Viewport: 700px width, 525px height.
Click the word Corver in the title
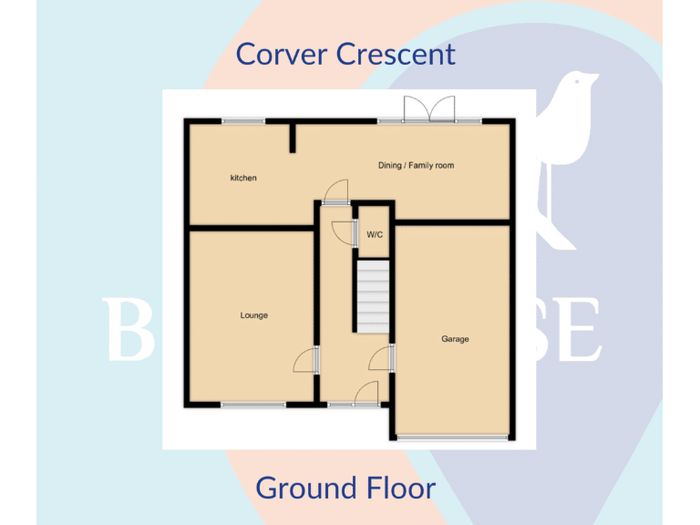coord(282,54)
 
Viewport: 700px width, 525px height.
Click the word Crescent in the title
coord(395,54)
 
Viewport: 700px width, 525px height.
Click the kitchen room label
coord(243,178)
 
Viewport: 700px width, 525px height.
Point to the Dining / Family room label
coord(416,166)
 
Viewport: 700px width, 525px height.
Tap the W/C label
coord(375,234)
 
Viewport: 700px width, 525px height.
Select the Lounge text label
coord(254,315)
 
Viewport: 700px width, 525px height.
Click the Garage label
coord(455,339)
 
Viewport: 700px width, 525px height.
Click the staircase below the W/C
coord(372,297)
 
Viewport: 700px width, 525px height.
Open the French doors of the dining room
coord(428,109)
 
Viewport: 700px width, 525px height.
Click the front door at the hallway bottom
coord(365,394)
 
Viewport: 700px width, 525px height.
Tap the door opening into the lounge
coord(305,360)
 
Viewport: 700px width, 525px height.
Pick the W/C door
coord(345,233)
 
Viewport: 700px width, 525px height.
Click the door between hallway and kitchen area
coord(335,190)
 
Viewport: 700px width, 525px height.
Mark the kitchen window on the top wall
coord(243,121)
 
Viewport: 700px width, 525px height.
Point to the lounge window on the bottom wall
coord(252,404)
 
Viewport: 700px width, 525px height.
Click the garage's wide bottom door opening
coord(452,438)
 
